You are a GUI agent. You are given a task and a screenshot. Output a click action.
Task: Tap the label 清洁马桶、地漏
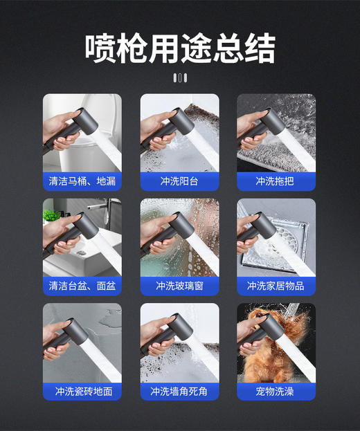tap(82, 181)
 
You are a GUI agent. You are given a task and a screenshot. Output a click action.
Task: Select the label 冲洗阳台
tap(179, 181)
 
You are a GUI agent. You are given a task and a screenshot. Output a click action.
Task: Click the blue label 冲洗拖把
tap(276, 181)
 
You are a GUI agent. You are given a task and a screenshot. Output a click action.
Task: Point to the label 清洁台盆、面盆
tap(82, 286)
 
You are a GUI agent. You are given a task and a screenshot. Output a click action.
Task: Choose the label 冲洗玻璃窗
tap(179, 286)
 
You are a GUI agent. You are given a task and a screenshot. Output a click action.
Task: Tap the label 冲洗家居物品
tap(276, 286)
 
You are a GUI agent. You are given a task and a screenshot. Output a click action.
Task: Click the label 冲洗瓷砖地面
tap(82, 391)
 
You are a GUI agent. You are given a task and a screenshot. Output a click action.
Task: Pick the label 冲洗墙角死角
tap(179, 391)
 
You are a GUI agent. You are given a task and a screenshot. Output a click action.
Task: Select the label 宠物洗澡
tap(276, 391)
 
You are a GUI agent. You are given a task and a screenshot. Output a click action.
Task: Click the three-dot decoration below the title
tap(180, 77)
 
